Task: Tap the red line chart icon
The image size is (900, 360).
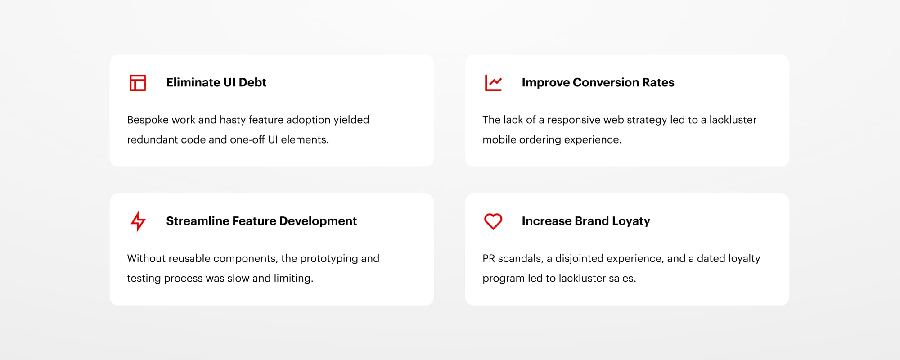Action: coord(493,90)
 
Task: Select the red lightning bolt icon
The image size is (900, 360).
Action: coord(138,221)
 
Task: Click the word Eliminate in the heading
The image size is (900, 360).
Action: coord(193,82)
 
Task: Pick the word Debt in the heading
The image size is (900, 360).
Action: coord(252,82)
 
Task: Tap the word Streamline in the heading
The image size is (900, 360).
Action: coord(198,221)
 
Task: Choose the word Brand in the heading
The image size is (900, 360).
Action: coord(592,221)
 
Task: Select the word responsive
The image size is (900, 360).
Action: coord(574,120)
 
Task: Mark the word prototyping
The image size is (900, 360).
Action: coord(329,259)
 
